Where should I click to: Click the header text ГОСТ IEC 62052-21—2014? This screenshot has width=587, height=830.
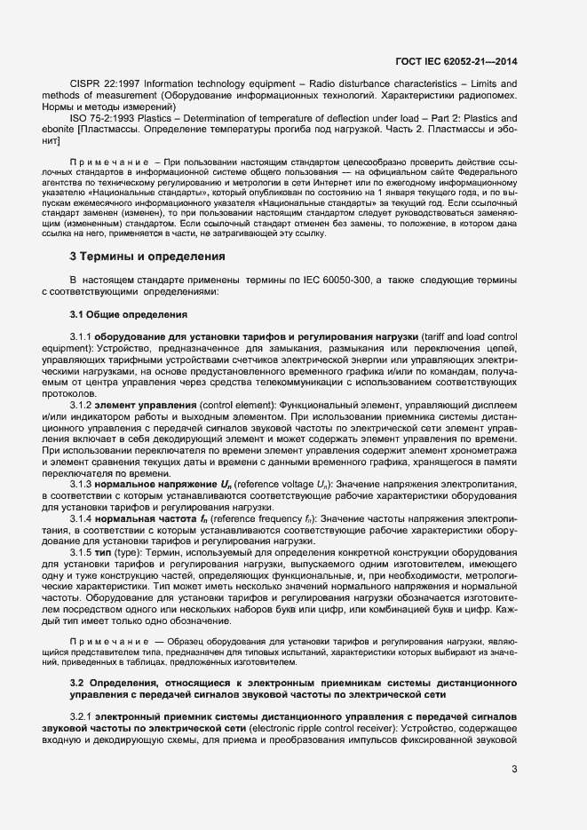[x=456, y=61]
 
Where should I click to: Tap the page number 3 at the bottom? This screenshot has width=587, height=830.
[x=514, y=769]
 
